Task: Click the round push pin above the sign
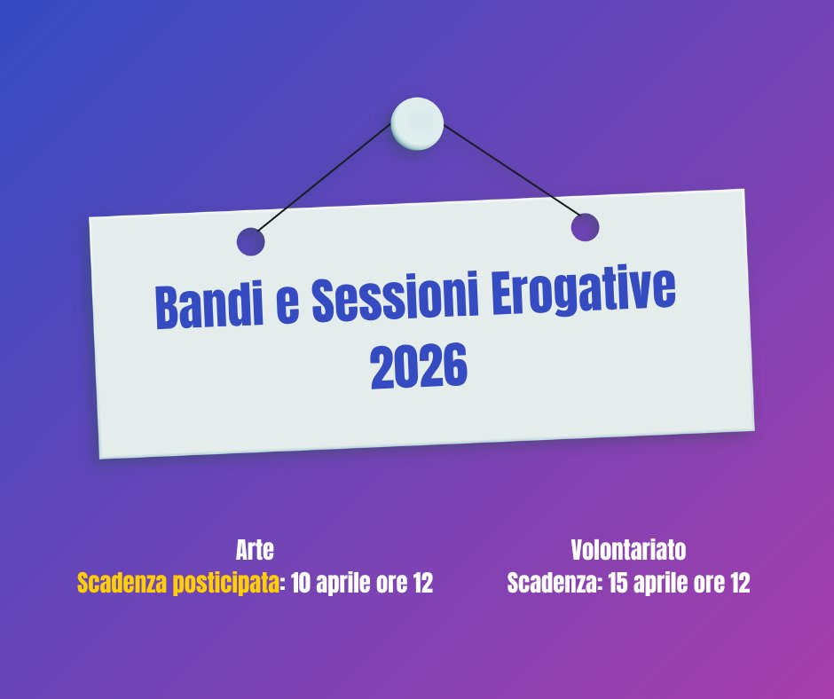click(417, 123)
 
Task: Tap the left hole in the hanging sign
click(250, 241)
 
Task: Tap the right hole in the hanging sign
click(585, 227)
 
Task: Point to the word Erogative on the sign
click(583, 289)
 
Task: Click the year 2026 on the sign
click(419, 365)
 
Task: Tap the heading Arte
click(255, 550)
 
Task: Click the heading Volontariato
click(628, 550)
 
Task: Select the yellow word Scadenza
click(122, 583)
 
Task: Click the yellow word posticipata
click(226, 584)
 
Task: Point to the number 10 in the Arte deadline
click(301, 583)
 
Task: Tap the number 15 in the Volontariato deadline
click(618, 583)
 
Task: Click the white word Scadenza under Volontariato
click(553, 583)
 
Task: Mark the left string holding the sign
click(324, 177)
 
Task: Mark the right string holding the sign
click(512, 171)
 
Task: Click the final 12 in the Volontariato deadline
click(740, 583)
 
